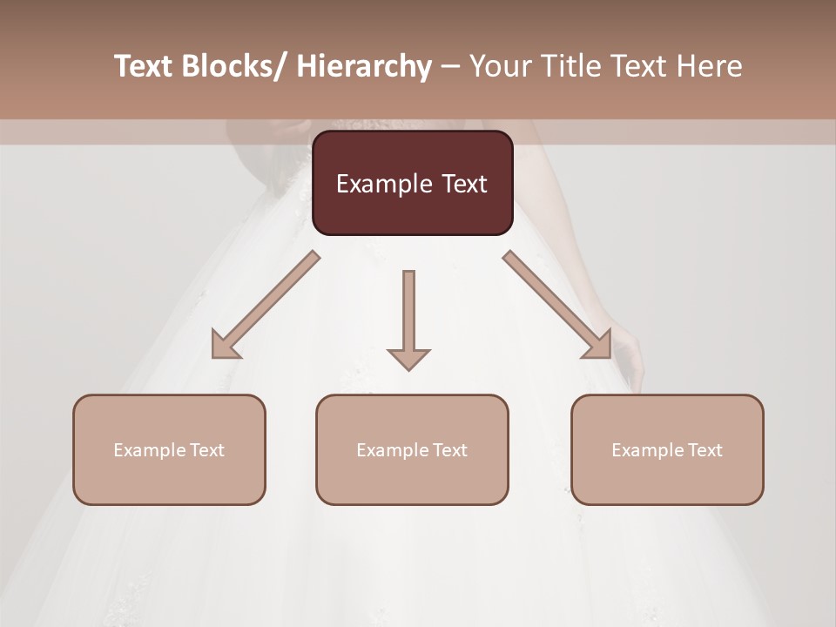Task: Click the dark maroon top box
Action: pos(412,183)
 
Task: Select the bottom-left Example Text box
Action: pos(169,449)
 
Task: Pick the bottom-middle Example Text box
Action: pos(412,449)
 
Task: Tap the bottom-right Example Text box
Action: pos(667,449)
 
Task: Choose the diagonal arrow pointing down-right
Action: pos(557,305)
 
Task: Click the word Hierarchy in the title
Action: pos(364,67)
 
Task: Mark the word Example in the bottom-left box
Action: pos(150,450)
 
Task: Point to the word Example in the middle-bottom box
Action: pos(393,450)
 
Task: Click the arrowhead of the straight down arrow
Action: pos(408,358)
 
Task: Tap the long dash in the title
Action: pos(450,67)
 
